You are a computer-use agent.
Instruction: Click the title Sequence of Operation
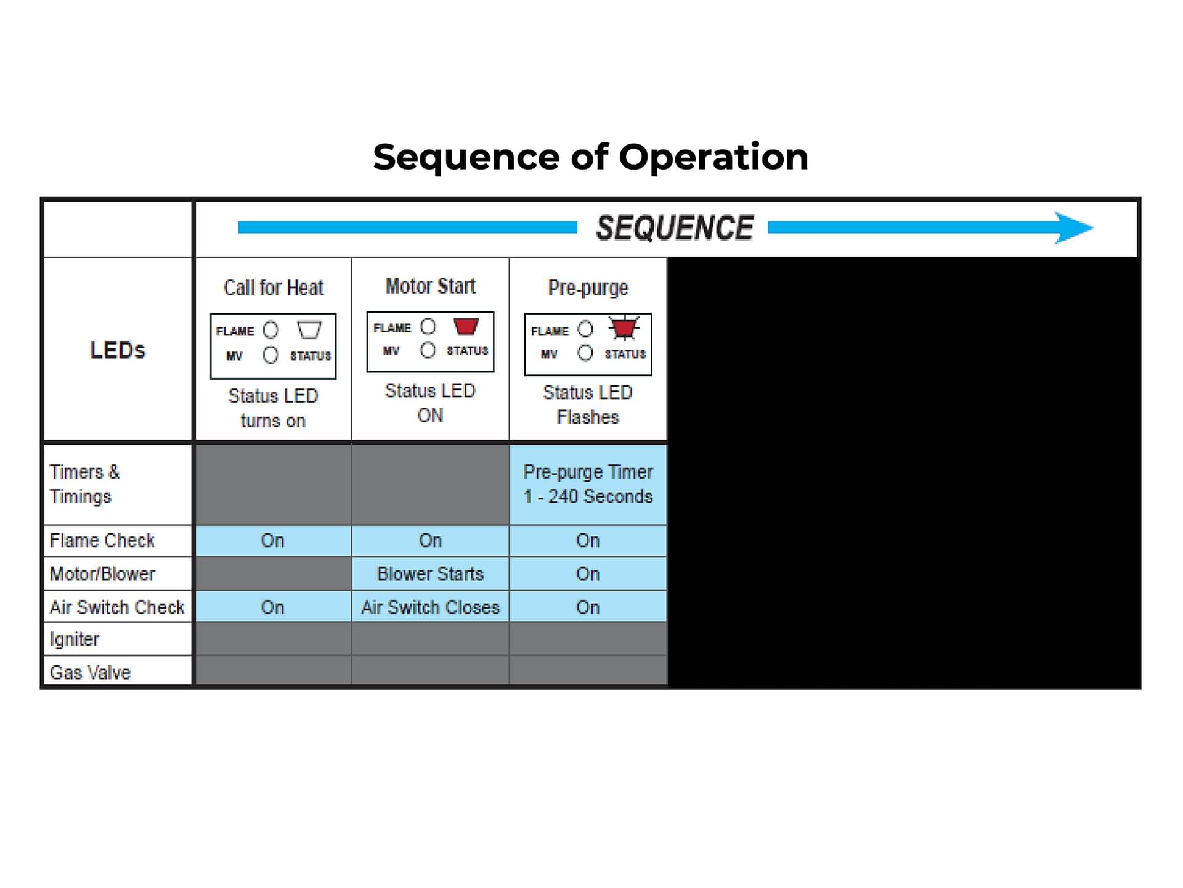coord(590,157)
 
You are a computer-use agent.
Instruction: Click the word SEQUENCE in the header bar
coord(674,228)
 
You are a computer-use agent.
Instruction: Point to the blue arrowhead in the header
coord(1074,228)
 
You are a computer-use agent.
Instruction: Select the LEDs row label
coord(118,350)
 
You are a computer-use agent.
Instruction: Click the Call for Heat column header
coord(273,287)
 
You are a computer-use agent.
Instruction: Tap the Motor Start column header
coord(430,286)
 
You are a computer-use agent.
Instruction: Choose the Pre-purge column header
coord(588,288)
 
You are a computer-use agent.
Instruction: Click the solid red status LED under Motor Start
coord(466,326)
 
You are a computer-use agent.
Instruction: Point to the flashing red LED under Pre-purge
coord(624,328)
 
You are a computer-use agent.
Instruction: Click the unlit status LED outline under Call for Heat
coord(309,330)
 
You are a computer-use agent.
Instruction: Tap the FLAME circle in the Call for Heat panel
coord(270,330)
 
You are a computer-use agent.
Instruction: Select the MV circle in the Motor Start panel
coord(428,350)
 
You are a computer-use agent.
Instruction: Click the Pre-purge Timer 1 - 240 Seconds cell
coord(588,484)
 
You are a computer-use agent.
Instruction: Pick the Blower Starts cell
coord(430,574)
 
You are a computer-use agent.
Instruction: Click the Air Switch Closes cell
coord(430,607)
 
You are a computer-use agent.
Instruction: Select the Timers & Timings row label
coord(84,484)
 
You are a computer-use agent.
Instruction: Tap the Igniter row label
coord(75,639)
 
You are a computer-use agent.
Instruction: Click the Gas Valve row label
coord(90,672)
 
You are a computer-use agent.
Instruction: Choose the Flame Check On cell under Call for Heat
coord(273,541)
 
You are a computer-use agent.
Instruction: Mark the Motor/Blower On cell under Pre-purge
coord(588,574)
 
